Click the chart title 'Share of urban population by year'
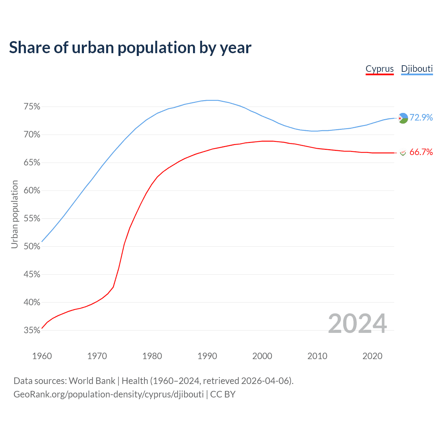click(130, 48)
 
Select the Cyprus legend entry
click(379, 69)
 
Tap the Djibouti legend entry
click(417, 69)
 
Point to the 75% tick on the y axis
click(32, 107)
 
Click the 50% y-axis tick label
click(32, 247)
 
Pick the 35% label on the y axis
click(32, 330)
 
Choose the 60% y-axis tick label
click(32, 191)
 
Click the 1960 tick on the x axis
click(42, 356)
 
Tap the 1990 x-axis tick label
click(207, 356)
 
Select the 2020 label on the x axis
click(372, 356)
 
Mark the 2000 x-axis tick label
click(262, 356)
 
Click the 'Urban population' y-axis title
click(15, 214)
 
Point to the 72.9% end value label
click(421, 118)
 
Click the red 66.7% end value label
click(421, 152)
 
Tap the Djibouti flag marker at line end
click(403, 118)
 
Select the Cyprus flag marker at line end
click(403, 153)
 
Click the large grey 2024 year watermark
click(357, 324)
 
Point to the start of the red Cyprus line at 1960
click(42, 328)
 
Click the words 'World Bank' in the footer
click(92, 381)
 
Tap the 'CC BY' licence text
click(223, 394)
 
